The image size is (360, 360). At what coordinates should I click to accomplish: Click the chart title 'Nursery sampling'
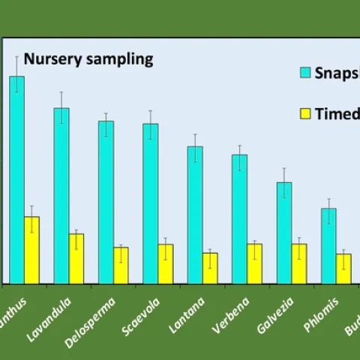click(88, 59)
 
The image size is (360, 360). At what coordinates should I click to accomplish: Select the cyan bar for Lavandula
click(61, 196)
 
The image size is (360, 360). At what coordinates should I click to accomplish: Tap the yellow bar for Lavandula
click(76, 259)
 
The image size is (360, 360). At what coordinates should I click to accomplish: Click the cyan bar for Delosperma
click(106, 202)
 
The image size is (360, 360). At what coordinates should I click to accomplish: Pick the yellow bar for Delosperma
click(121, 265)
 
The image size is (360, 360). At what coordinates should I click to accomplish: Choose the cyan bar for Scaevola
click(151, 204)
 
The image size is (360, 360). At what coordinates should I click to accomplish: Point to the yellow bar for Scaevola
click(166, 264)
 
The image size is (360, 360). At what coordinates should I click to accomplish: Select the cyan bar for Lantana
click(195, 215)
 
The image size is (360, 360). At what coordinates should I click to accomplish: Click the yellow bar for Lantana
click(210, 268)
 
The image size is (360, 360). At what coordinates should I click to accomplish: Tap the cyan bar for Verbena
click(239, 219)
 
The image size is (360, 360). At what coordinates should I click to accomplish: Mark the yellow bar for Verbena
click(255, 264)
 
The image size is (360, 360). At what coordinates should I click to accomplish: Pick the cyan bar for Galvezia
click(284, 233)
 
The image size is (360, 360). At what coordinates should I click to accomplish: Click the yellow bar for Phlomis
click(343, 268)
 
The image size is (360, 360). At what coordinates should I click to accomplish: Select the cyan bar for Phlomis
click(328, 246)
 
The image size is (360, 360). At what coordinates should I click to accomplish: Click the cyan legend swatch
click(305, 73)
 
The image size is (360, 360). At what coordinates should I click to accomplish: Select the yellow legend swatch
click(305, 114)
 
